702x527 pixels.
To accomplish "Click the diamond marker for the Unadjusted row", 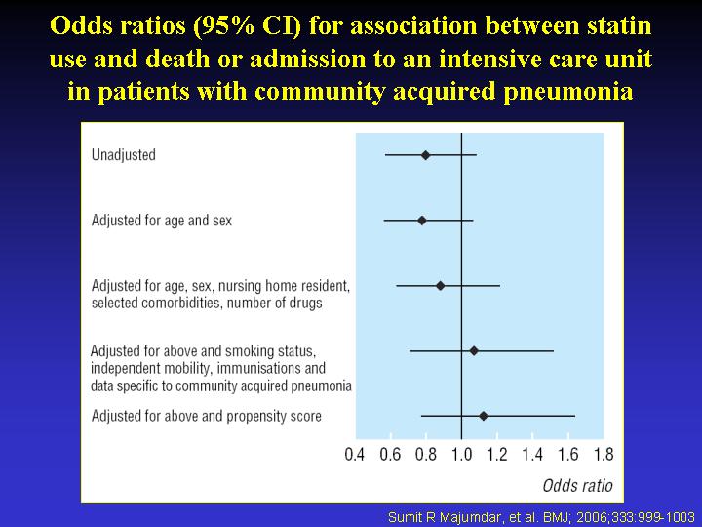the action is click(425, 155).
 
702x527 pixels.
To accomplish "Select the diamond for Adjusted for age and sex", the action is click(422, 221).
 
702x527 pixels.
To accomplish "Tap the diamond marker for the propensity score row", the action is click(483, 416).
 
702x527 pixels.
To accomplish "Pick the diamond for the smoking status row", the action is click(474, 351).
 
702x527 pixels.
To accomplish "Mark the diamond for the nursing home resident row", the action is click(440, 285).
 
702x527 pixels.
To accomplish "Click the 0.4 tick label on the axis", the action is click(355, 455).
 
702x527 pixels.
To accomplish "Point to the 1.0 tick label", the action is click(461, 455).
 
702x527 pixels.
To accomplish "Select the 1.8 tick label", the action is click(604, 455).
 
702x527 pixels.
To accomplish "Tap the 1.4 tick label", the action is click(532, 455).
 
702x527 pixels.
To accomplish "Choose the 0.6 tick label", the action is click(390, 455).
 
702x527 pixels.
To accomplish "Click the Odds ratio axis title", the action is click(577, 485).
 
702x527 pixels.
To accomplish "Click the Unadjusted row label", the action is click(124, 155).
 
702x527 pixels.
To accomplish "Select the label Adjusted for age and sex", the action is click(162, 221).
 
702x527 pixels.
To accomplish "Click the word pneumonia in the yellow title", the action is click(568, 92).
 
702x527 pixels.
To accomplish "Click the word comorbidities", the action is click(182, 303).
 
